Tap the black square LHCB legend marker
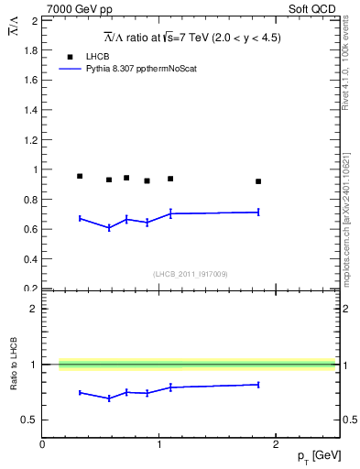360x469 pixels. pos(70,57)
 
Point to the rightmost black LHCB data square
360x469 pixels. pos(258,181)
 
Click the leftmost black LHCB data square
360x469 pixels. pos(80,176)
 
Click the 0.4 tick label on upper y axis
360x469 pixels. pos(30,259)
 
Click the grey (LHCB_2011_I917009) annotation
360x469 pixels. pos(190,274)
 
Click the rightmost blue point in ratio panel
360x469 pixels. pos(258,385)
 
